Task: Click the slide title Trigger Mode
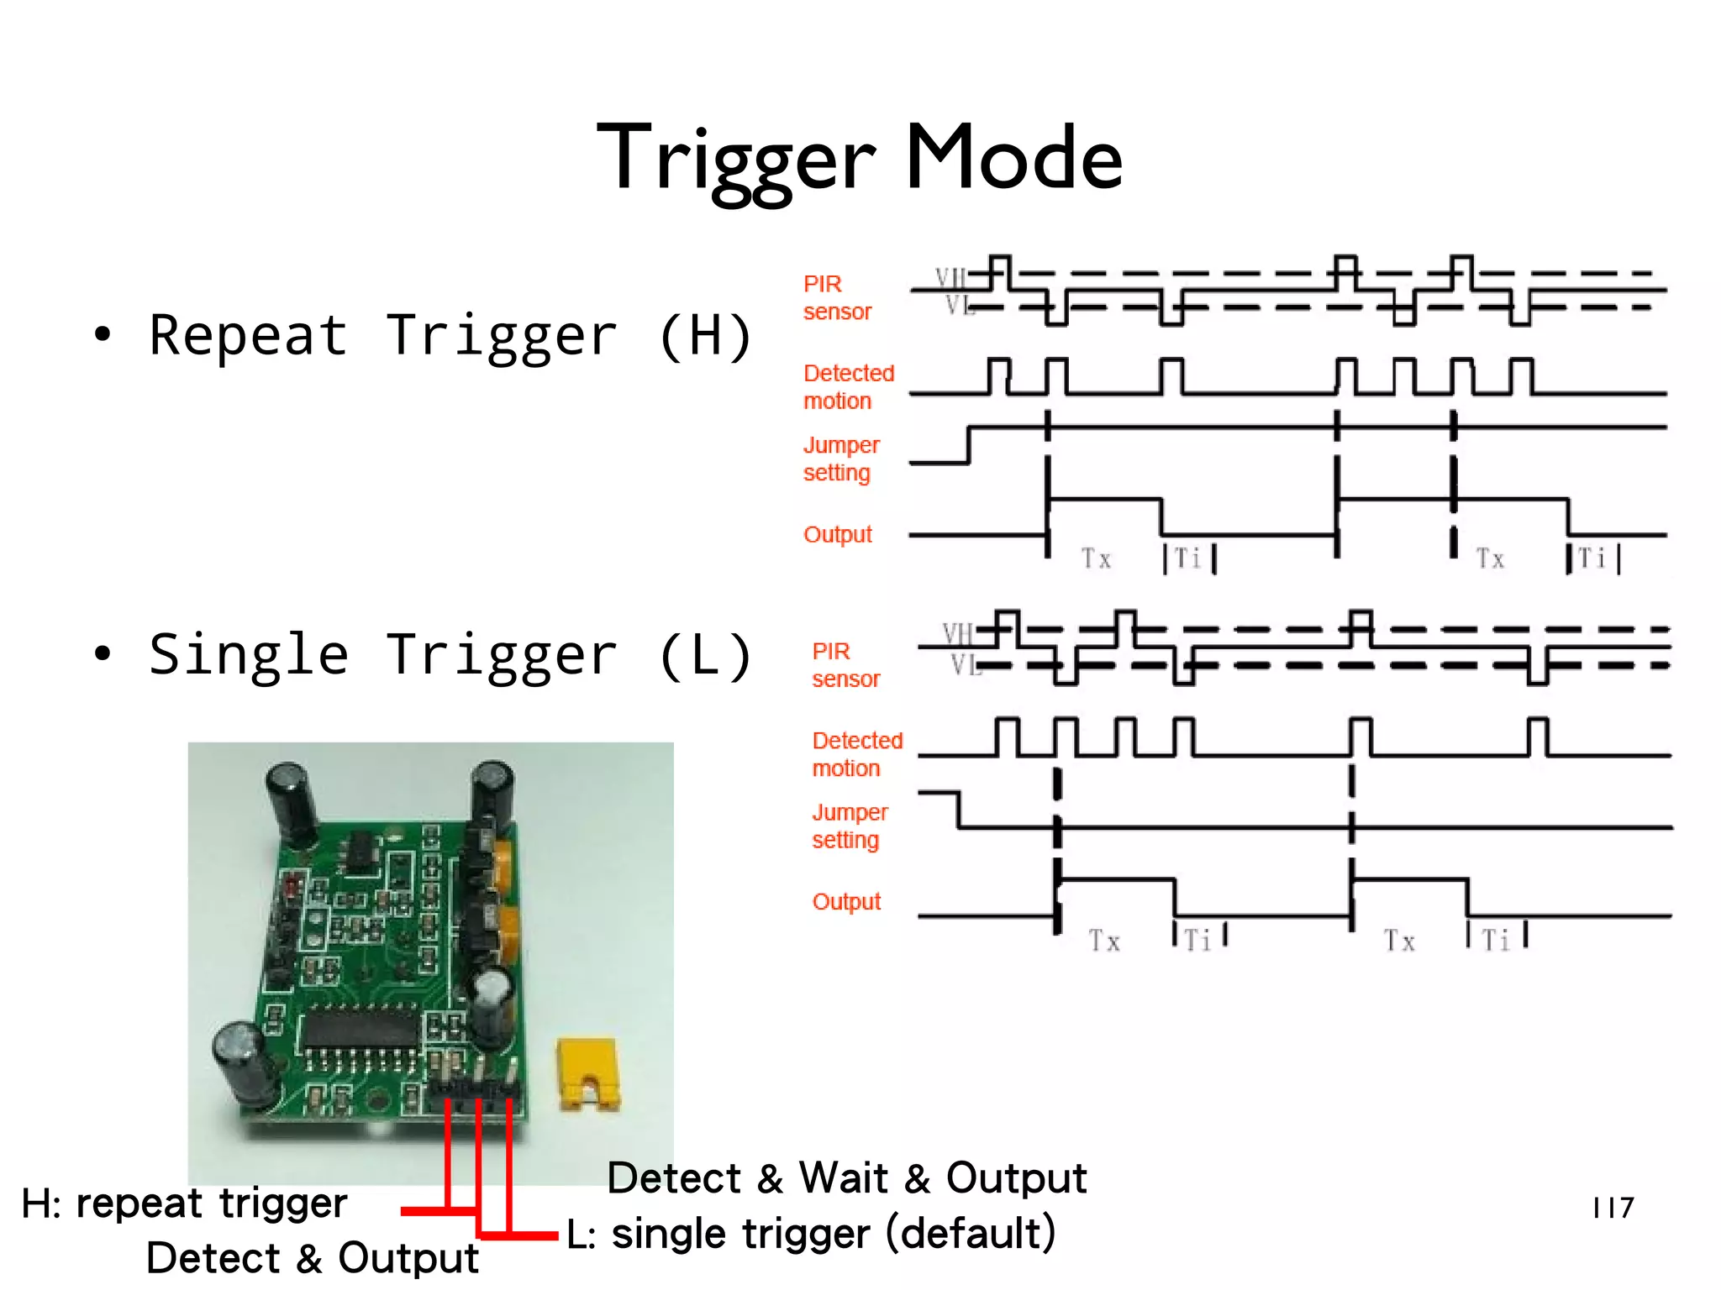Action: pos(859,158)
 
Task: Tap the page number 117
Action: pos(1613,1208)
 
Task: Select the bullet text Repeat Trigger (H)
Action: pos(450,336)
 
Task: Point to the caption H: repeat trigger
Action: pos(184,1203)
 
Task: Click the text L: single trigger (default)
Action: pos(811,1234)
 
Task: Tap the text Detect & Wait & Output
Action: pos(846,1177)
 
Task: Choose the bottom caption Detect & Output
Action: pos(312,1258)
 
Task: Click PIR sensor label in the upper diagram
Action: pos(836,297)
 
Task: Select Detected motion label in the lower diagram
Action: pos(856,754)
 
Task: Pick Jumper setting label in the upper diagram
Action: pos(840,459)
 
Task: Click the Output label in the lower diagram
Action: pos(846,902)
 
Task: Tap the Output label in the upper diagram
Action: pos(838,534)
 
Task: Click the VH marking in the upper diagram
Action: pos(951,277)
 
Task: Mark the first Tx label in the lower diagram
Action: pos(1104,941)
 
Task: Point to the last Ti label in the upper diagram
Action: pos(1592,558)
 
